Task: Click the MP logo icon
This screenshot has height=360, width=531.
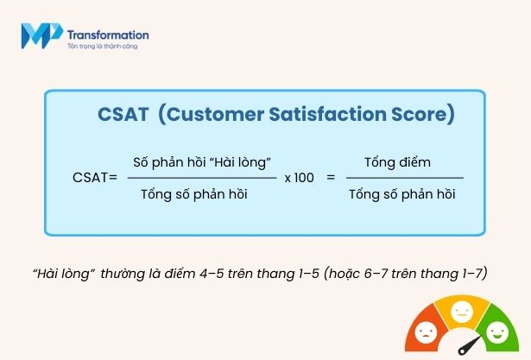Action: [40, 37]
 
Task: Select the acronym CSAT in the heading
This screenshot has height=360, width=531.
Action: [123, 114]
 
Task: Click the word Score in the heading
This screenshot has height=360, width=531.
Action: [422, 114]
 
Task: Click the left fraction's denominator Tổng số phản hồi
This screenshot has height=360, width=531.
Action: [193, 194]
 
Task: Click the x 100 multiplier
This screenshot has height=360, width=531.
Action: [299, 177]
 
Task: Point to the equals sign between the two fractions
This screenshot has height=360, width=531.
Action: [330, 177]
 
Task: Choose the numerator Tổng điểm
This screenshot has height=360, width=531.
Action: [396, 161]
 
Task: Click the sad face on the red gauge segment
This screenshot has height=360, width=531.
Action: [427, 332]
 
